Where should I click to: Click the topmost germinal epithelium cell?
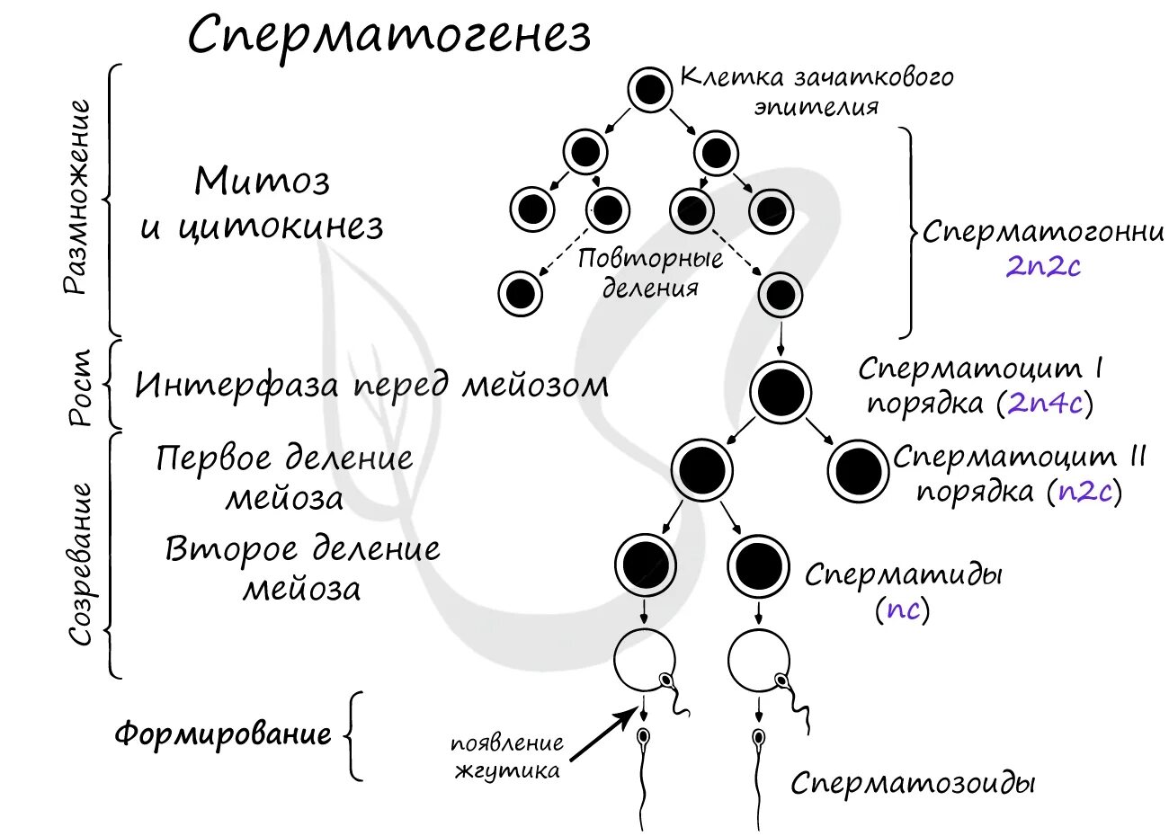pos(649,90)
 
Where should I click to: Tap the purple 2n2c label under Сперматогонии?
pos(1042,266)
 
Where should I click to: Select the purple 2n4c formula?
pos(1044,403)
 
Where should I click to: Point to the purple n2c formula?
pos(1085,492)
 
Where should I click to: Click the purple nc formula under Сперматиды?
pos(903,609)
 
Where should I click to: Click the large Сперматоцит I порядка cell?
pos(781,393)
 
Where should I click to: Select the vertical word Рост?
pos(82,387)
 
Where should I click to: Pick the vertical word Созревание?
pos(82,564)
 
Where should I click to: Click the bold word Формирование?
pos(222,734)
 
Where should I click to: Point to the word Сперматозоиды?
pos(913,783)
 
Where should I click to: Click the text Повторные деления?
pos(650,273)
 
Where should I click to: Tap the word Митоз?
pos(263,182)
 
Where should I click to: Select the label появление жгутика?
pos(507,757)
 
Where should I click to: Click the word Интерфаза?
pos(237,386)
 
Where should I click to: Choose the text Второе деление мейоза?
pos(302,568)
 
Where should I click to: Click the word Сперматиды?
pos(903,574)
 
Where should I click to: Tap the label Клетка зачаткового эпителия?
pos(817,91)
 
